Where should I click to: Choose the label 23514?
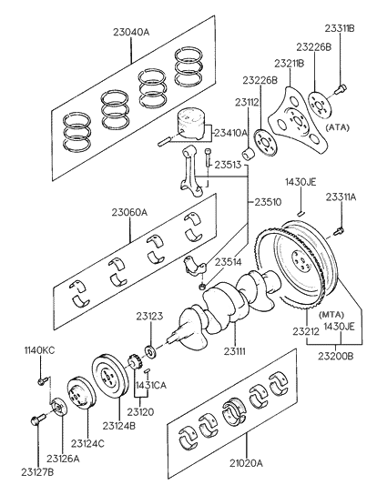coord(229,263)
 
